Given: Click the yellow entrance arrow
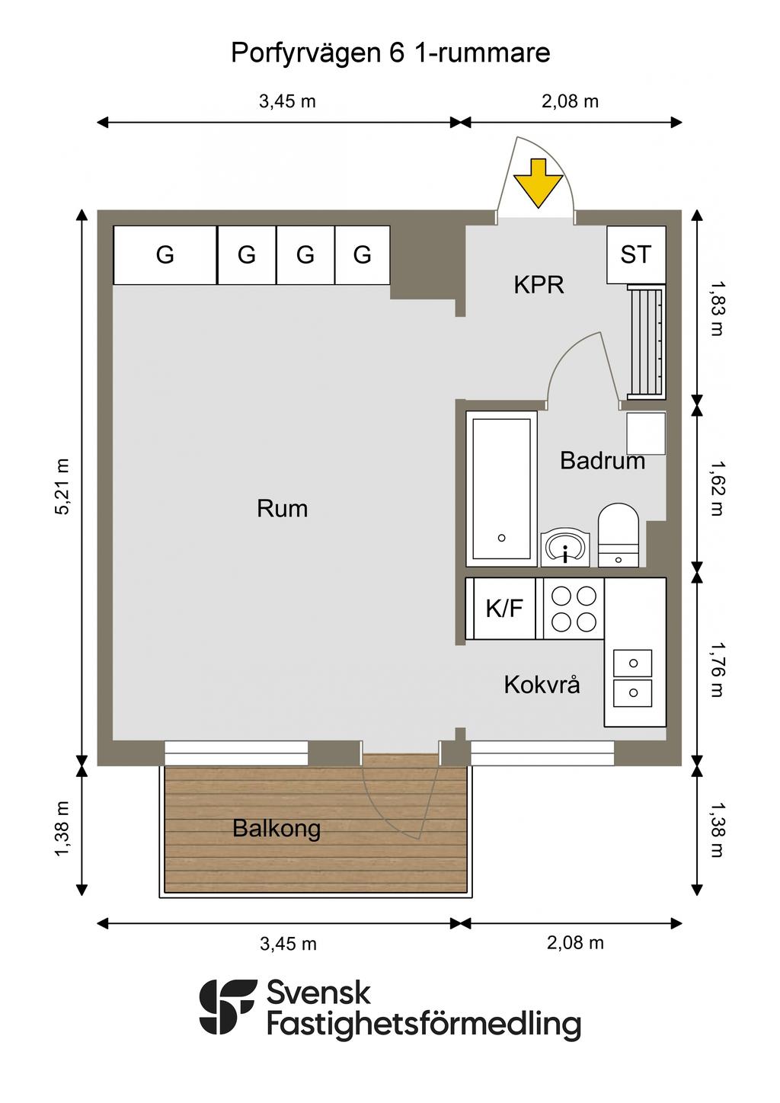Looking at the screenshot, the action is point(538,183).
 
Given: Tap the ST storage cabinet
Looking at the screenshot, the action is point(636,254).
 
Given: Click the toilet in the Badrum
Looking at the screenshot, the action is point(618,535).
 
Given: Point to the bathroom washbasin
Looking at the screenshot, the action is point(565,548).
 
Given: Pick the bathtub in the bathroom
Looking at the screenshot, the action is point(502,489).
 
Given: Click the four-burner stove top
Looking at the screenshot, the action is point(573,609).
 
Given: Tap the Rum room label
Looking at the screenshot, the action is point(282,509).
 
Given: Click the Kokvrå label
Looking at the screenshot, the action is point(542,685).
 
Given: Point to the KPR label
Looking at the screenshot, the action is point(539,285).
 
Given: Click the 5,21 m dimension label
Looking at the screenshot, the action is point(62,487).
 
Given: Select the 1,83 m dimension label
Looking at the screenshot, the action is point(717,309).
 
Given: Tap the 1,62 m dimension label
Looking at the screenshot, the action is point(717,488).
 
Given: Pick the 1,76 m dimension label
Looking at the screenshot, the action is point(717,670).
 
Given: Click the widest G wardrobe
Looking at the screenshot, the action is point(165,255).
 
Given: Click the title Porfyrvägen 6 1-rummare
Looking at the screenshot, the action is point(391,53).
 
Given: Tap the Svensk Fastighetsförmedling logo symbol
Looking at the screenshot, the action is point(228,1006).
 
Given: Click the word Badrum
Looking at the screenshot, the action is point(603,461).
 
